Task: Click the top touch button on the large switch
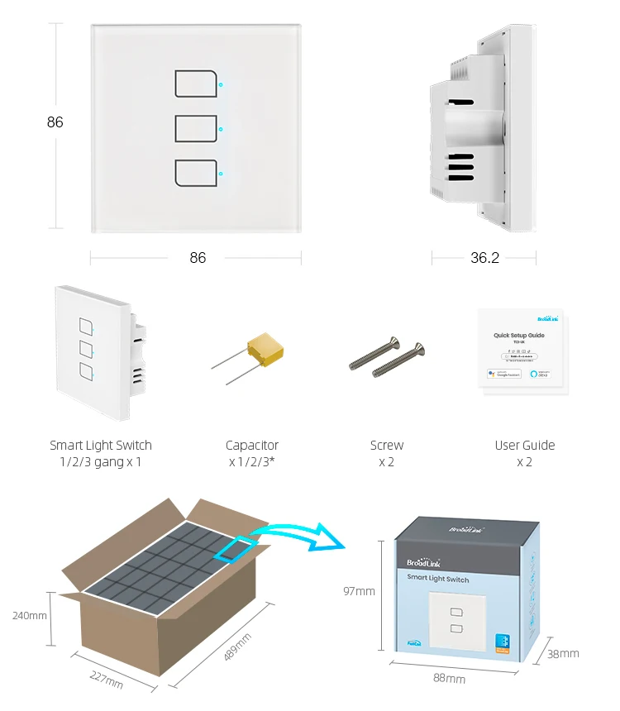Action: tap(196, 84)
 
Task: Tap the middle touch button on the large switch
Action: tap(196, 129)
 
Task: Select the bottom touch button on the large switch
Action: tap(196, 173)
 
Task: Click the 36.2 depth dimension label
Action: tap(484, 258)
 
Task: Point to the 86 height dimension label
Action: tap(55, 122)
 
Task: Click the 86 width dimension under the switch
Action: tap(198, 258)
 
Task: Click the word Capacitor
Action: tap(252, 446)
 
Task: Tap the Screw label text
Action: tap(387, 446)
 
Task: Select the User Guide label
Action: tap(525, 446)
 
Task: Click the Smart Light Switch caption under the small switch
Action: tap(101, 446)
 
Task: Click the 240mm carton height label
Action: tap(30, 616)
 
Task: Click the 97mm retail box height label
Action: tap(360, 591)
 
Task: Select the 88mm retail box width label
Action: tap(450, 679)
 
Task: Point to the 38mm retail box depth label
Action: tap(563, 653)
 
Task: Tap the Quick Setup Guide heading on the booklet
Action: tap(518, 336)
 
